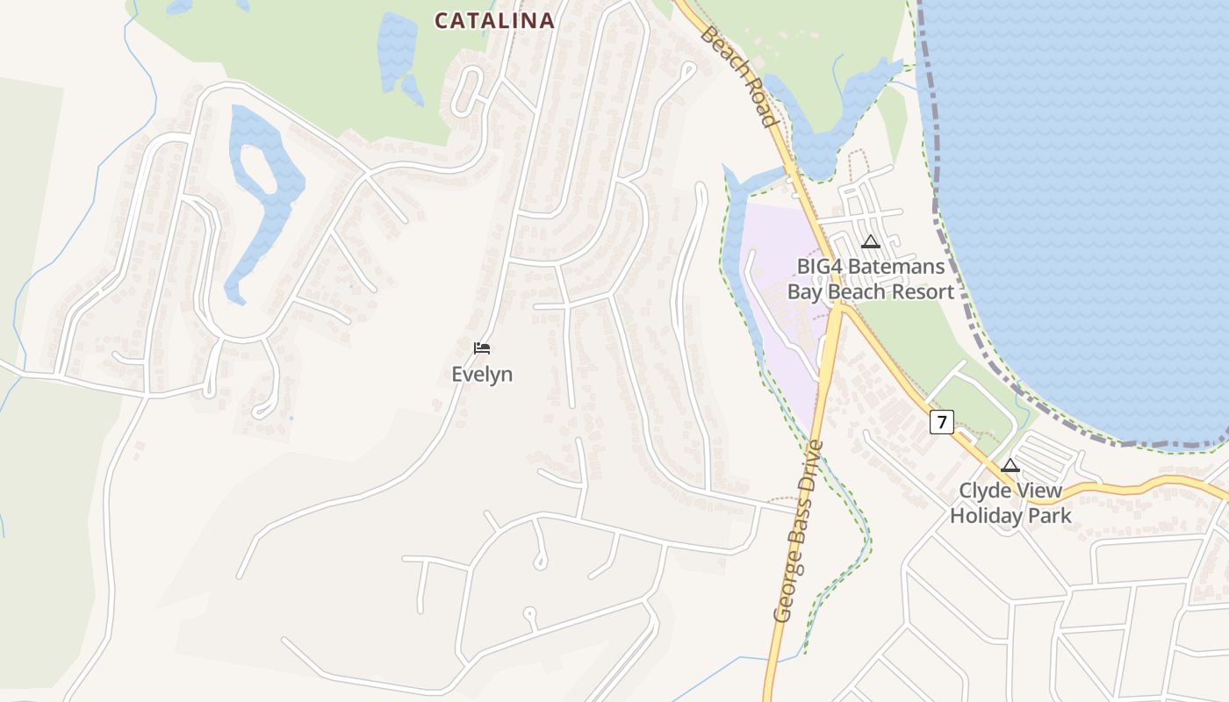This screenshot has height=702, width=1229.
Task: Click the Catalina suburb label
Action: pyautogui.click(x=494, y=20)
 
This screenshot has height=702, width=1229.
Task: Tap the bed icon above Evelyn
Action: pyautogui.click(x=481, y=348)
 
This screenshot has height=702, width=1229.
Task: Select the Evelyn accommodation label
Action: pyautogui.click(x=482, y=375)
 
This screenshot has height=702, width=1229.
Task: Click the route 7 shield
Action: pyautogui.click(x=941, y=422)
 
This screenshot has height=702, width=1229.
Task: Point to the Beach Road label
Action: pyautogui.click(x=740, y=77)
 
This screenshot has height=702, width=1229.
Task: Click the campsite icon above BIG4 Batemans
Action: pyautogui.click(x=871, y=242)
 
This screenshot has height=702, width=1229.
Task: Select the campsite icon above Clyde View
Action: pyautogui.click(x=1010, y=465)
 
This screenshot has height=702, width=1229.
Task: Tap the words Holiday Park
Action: pyautogui.click(x=1010, y=515)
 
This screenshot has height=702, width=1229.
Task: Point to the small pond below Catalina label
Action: pyautogui.click(x=399, y=53)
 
